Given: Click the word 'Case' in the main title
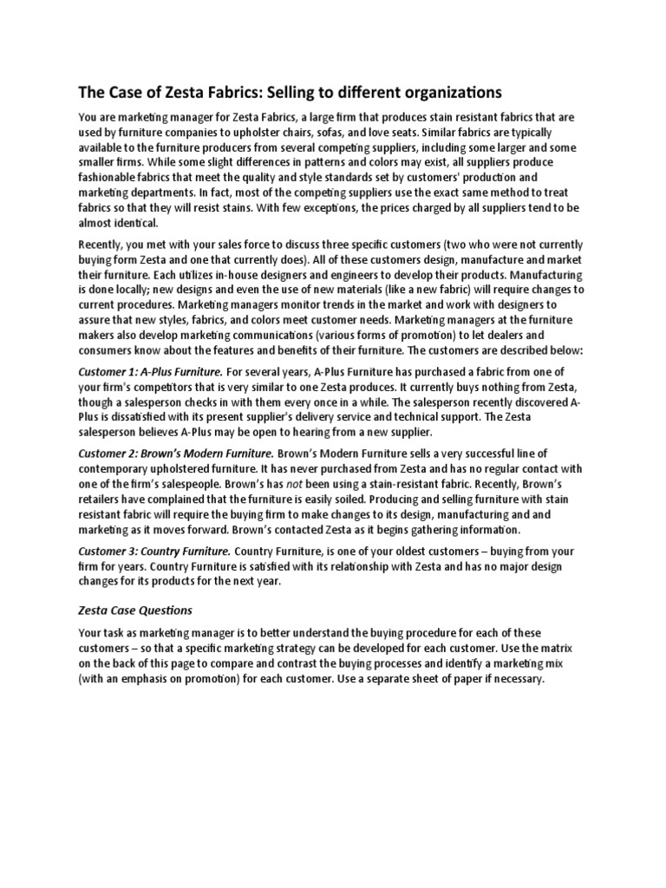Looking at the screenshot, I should point(127,91).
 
